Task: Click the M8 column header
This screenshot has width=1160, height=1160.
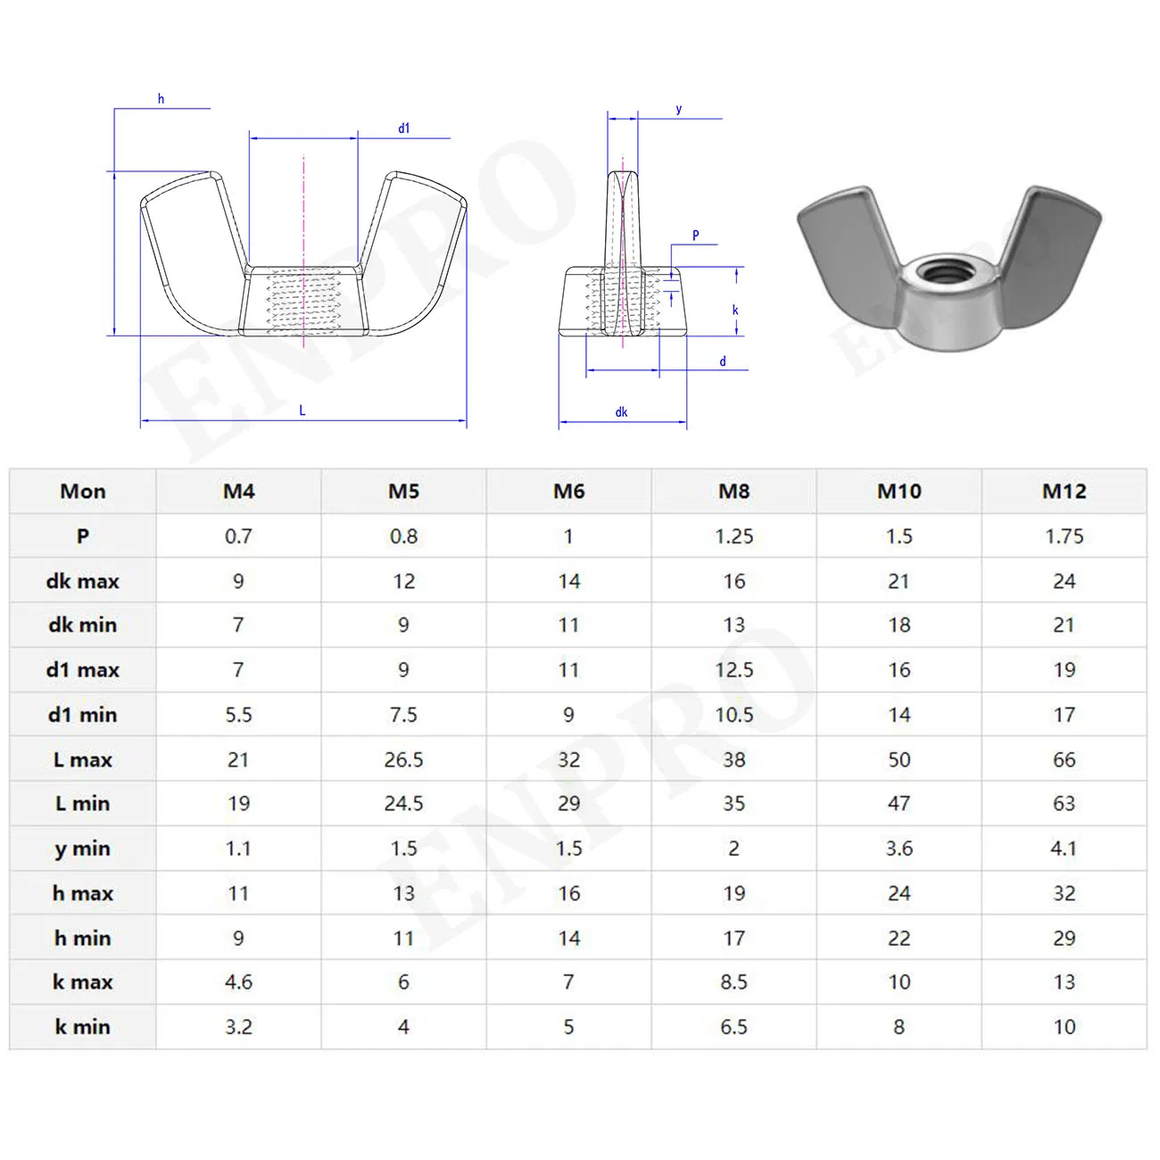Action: (x=733, y=491)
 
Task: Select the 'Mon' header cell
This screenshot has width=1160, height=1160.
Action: (x=83, y=491)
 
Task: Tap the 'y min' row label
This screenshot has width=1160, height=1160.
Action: (x=83, y=849)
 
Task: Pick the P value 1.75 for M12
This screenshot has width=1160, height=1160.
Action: (x=1064, y=536)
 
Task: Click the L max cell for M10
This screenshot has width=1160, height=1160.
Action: (x=899, y=759)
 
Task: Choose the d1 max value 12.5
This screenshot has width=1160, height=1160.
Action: (x=733, y=670)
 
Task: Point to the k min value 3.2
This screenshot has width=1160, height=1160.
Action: (x=238, y=1027)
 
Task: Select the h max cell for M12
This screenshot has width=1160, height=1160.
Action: (x=1064, y=893)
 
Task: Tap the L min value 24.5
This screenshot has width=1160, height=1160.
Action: (x=403, y=804)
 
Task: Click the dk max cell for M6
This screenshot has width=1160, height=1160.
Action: (x=568, y=581)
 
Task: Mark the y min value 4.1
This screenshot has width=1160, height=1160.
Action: (x=1064, y=849)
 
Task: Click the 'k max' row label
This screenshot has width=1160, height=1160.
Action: (x=83, y=982)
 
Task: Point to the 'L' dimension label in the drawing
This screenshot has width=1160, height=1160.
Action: (x=302, y=410)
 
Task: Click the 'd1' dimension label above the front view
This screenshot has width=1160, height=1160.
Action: (x=404, y=128)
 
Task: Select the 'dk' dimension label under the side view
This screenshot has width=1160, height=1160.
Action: (x=621, y=412)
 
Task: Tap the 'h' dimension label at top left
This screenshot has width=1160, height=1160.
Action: (x=161, y=99)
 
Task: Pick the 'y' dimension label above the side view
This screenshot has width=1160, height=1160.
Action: (x=679, y=110)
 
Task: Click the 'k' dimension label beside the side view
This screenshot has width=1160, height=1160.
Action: (x=735, y=311)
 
